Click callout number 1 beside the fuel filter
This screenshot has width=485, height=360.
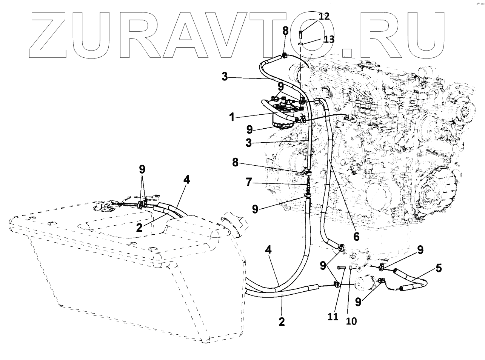coord(233,117)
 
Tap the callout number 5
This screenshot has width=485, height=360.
coord(438,268)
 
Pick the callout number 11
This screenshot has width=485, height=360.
coord(333,317)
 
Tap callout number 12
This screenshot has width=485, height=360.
coord(324,16)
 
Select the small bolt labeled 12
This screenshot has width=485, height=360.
coord(301,35)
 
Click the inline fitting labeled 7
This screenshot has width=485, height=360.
coord(308,184)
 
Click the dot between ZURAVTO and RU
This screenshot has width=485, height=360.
coord(349,54)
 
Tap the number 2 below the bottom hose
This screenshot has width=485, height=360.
coord(281,322)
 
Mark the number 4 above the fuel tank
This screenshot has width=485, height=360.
coord(186,180)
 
